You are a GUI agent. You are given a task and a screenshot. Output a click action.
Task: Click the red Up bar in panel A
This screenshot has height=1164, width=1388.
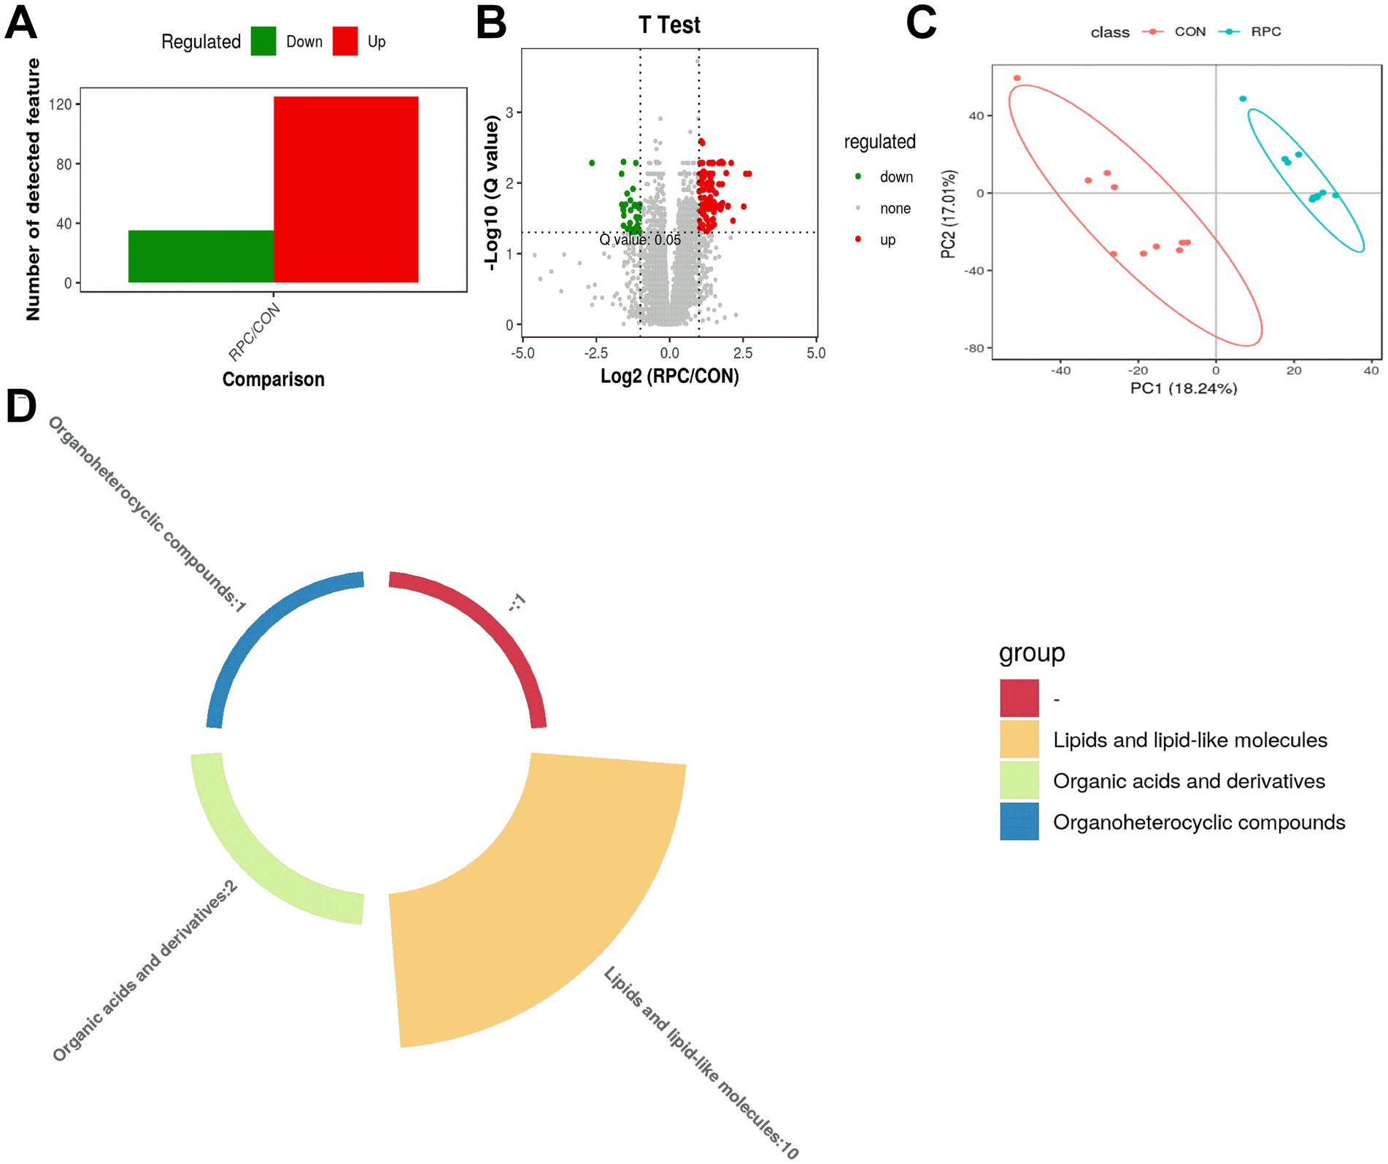(x=346, y=189)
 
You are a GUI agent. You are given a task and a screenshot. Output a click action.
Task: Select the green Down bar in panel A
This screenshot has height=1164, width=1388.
(x=201, y=256)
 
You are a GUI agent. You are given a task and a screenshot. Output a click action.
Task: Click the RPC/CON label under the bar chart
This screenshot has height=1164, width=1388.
(x=255, y=333)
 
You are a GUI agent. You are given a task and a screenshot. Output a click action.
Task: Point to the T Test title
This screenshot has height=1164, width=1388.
(x=669, y=25)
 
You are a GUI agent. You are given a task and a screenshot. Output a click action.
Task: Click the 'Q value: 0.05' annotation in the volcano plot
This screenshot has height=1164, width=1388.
(x=640, y=240)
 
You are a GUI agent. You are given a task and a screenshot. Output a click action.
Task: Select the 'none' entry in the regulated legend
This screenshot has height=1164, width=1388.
(x=895, y=209)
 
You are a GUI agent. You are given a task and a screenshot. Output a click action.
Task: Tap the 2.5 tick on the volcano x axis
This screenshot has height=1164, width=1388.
(x=743, y=353)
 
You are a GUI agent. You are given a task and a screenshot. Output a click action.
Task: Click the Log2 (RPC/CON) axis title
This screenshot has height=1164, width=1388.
(x=669, y=377)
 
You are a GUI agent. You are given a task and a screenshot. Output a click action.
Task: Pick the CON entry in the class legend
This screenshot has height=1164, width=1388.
(x=1190, y=32)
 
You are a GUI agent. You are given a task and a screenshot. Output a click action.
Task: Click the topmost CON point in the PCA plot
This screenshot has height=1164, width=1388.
(x=1017, y=78)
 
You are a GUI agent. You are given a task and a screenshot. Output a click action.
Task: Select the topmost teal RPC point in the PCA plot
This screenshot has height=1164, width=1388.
(x=1243, y=99)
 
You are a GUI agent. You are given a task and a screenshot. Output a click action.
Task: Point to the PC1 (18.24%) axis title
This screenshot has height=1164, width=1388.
(x=1183, y=388)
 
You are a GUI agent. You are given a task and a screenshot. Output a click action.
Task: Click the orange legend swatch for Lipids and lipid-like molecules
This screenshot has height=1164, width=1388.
(x=1019, y=739)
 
